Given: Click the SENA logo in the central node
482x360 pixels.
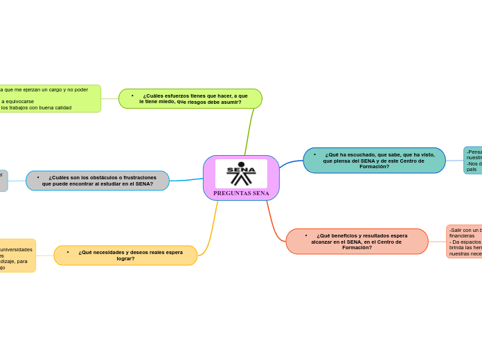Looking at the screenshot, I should (241, 173).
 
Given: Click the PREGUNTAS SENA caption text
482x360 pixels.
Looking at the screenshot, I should (241, 193).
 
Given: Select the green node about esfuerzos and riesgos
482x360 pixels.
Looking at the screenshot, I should (190, 98).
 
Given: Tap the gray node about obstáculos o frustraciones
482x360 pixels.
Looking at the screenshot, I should (98, 181).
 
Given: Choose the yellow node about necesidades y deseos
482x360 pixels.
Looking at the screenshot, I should (125, 255).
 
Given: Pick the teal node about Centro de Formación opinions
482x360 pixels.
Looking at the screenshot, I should (374, 161).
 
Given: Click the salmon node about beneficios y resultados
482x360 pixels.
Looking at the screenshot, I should (357, 241).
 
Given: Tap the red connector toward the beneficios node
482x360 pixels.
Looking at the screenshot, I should (273, 217).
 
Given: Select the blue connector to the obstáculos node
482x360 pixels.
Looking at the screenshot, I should (187, 179).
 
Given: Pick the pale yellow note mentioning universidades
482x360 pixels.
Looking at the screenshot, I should (17, 255).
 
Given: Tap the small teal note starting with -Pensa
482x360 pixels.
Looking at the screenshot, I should (473, 161).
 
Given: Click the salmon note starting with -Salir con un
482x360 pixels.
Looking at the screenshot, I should (464, 242).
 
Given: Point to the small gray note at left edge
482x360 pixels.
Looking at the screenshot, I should (3, 180).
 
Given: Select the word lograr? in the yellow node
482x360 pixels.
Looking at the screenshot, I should (125, 259).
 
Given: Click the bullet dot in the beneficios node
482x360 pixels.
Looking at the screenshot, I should (306, 235).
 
